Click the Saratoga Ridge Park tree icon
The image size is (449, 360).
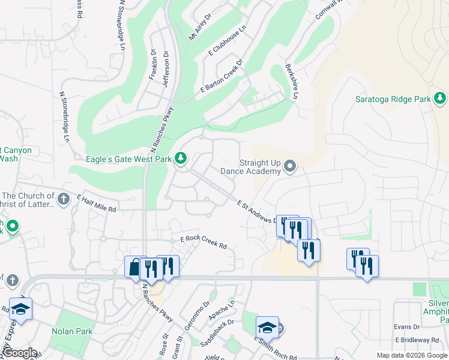(x=440, y=98)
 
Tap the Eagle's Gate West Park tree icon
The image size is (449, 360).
(x=180, y=159)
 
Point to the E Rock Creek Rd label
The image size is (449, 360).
(x=204, y=242)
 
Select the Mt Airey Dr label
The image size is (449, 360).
(x=200, y=28)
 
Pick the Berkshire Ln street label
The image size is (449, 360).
(x=292, y=81)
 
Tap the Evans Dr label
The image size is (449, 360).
(x=406, y=327)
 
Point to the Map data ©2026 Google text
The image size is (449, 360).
(x=412, y=355)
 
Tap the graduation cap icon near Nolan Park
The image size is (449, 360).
(x=21, y=309)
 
